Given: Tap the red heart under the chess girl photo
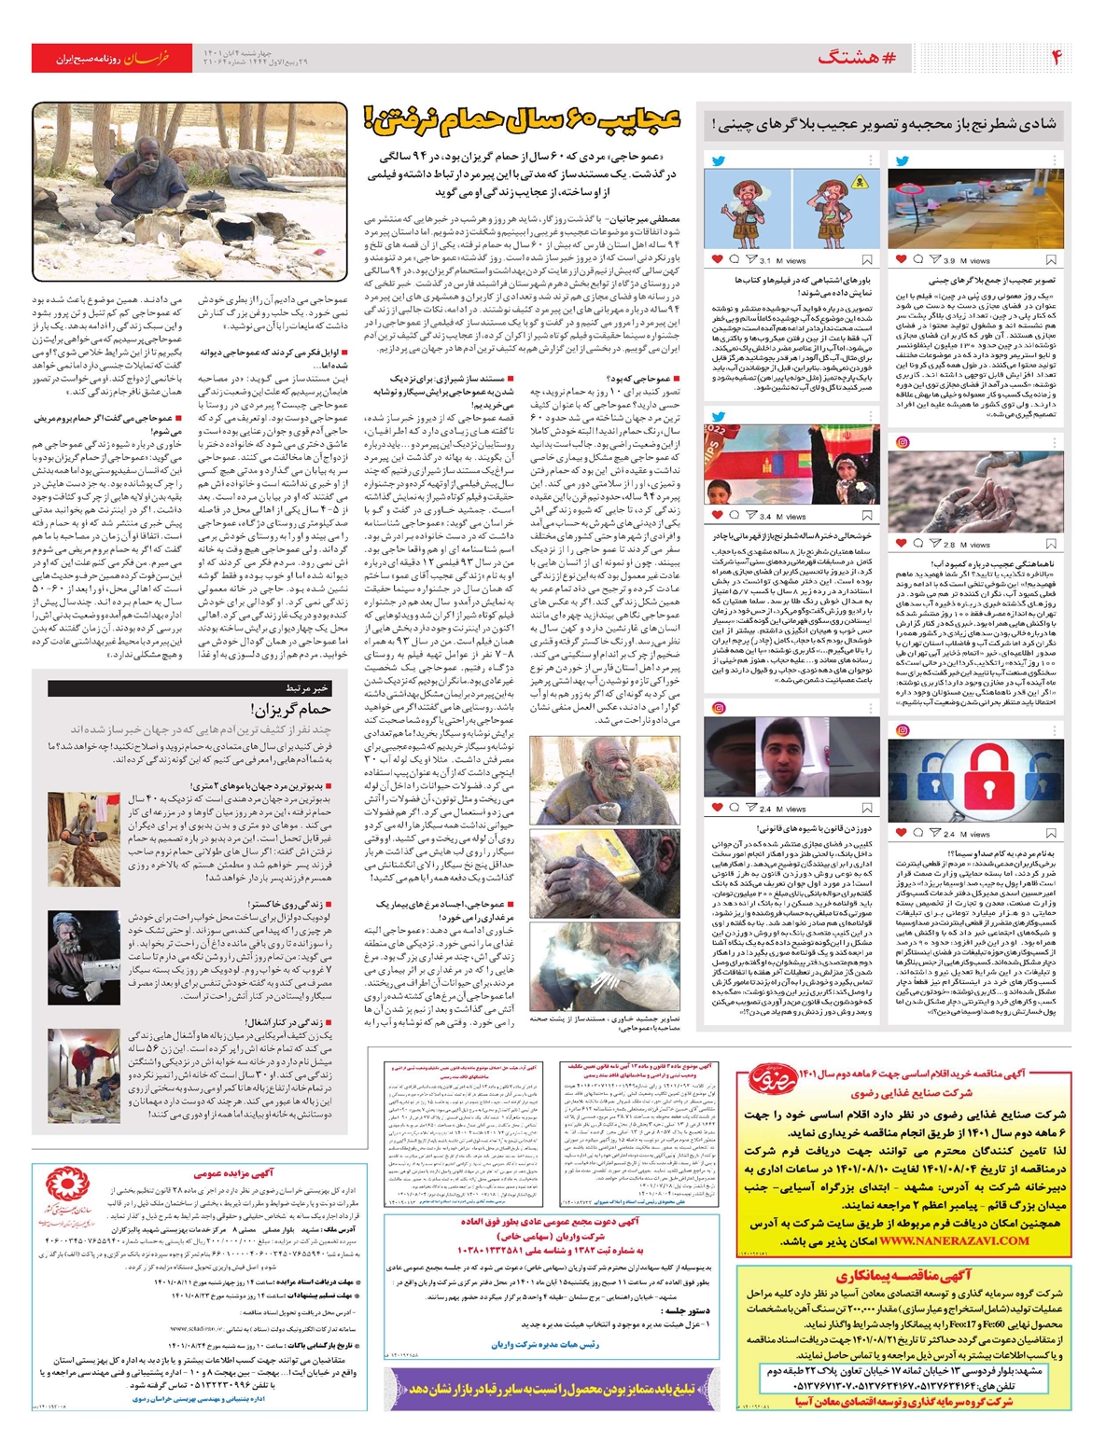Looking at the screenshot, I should tap(717, 516).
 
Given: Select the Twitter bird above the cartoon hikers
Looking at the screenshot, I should tap(718, 160).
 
